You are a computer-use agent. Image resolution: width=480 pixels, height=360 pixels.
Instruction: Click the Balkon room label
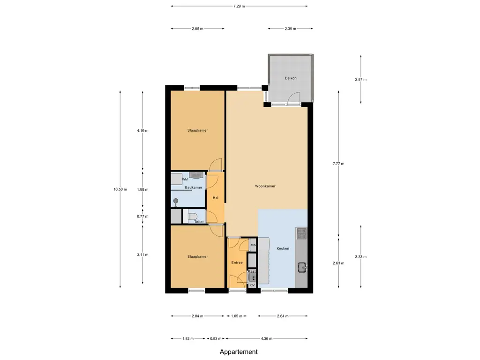tap(291, 78)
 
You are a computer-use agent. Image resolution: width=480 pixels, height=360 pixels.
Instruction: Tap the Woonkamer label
tap(265, 186)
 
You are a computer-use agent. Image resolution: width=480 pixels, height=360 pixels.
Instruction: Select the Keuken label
tap(283, 248)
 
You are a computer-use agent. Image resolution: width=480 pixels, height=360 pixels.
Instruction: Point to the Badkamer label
tap(194, 188)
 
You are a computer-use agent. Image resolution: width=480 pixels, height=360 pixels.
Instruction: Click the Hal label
tap(216, 198)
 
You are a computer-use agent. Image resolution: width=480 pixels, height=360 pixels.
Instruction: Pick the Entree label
tap(237, 262)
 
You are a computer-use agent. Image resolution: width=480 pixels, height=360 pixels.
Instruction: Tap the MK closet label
tap(253, 245)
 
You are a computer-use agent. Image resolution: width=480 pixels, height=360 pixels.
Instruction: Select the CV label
tap(252, 285)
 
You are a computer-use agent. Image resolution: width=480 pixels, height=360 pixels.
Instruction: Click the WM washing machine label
tap(185, 179)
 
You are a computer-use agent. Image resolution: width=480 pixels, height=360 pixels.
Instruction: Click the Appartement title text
tap(239, 352)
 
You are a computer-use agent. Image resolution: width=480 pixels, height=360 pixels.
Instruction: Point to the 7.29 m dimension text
tap(239, 6)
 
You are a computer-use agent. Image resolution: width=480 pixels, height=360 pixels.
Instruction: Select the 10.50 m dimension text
tap(120, 189)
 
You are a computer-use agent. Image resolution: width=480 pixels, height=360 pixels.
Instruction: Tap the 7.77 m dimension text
tap(338, 164)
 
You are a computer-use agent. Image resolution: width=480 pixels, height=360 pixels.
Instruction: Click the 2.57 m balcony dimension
tap(361, 80)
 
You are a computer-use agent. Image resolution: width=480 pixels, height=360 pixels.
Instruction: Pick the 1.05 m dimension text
tap(237, 316)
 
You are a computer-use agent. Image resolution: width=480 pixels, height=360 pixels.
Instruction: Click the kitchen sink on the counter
tap(301, 268)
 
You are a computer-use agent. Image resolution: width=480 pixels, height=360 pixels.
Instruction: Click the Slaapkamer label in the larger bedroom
tap(197, 130)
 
